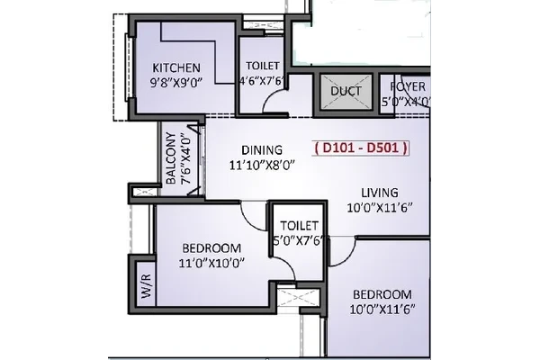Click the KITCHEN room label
pos(176,67)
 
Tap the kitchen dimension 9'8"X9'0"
pos(175,83)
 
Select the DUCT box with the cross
pos(346,91)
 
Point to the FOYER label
pos(408,86)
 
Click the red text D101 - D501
pos(361,148)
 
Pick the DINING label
pos(262,150)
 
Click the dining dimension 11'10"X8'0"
pos(262,166)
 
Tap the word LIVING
pos(380,193)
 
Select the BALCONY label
pos(171,157)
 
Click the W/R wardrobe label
pos(146,286)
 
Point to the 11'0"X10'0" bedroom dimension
pos(211,264)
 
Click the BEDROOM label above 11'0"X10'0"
pos(211,248)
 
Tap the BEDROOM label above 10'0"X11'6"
pos(382,294)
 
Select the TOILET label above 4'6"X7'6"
pos(263,66)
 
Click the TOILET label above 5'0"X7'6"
pos(299,226)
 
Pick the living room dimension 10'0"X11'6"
pos(380,208)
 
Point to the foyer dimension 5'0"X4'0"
pos(406,102)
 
